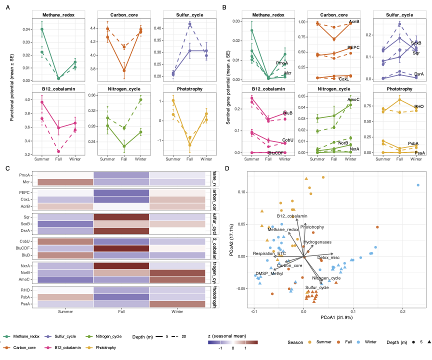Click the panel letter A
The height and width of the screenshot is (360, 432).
[8, 7]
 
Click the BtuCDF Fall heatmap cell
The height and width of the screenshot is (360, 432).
[121, 248]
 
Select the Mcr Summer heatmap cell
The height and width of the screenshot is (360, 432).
[65, 182]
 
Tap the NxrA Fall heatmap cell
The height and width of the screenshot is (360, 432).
[121, 266]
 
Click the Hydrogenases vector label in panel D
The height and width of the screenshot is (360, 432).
[317, 242]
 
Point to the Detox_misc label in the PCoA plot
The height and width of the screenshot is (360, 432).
[328, 257]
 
